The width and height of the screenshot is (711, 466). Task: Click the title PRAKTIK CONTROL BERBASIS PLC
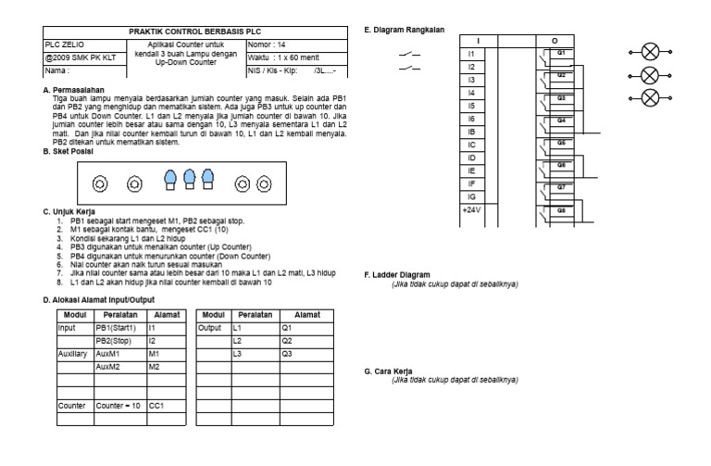point(186,32)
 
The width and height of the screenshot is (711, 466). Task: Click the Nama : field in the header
point(58,70)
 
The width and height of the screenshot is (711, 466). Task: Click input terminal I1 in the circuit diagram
point(471,55)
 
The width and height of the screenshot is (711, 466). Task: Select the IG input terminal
point(472,197)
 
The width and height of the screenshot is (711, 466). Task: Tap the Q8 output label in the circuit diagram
point(560,210)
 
